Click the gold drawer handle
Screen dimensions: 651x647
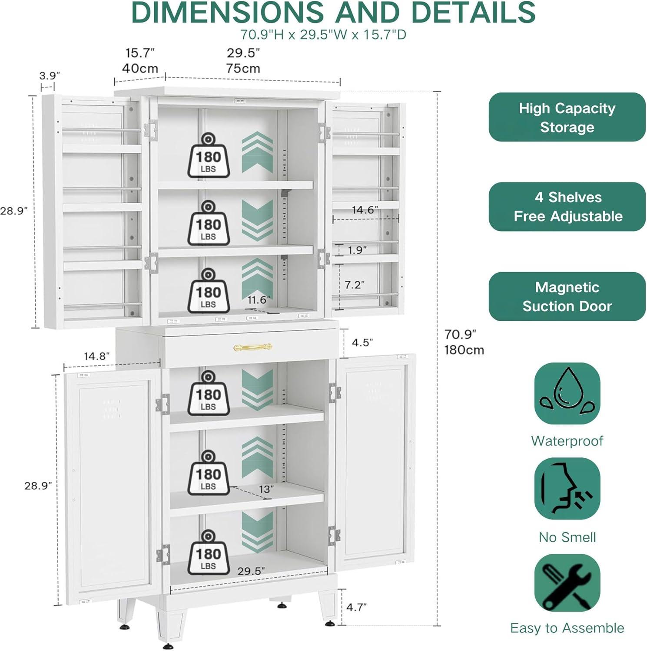click(252, 347)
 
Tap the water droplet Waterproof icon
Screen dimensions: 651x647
click(567, 394)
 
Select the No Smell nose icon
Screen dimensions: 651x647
click(567, 489)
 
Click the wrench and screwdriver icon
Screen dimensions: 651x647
click(567, 583)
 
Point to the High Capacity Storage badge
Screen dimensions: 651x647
click(567, 117)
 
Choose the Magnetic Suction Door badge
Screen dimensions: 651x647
click(567, 297)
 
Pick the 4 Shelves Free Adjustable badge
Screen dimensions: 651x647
click(567, 207)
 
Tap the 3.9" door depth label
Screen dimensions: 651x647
click(50, 76)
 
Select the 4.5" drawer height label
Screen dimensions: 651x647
click(362, 343)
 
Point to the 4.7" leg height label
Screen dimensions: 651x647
click(356, 607)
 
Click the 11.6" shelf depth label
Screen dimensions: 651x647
click(259, 300)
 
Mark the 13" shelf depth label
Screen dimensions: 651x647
click(266, 489)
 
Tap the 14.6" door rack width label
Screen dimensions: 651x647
click(365, 210)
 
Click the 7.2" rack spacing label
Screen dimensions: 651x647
click(355, 285)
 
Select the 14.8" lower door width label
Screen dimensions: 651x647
click(96, 356)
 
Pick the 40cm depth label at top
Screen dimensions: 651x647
click(140, 69)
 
